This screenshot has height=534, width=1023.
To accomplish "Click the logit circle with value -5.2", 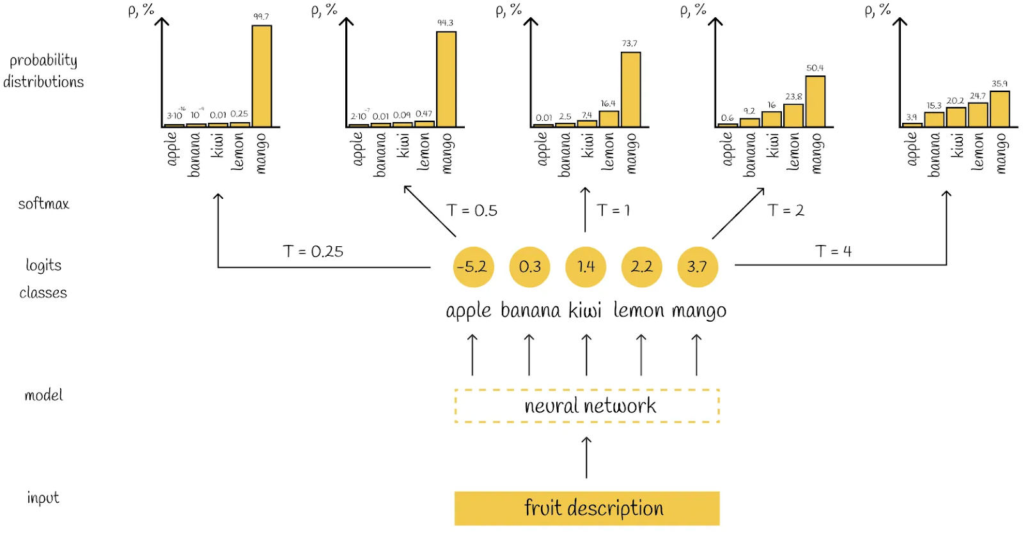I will click(x=473, y=267).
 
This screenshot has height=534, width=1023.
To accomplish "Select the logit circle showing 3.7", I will click(x=698, y=267).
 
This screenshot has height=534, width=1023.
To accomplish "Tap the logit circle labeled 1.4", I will click(x=586, y=267).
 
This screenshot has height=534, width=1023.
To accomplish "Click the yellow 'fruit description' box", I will click(x=587, y=508).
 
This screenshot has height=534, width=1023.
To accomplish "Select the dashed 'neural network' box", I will click(x=587, y=405).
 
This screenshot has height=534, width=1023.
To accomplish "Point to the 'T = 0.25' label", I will click(x=313, y=251).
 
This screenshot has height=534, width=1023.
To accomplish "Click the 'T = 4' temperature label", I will click(x=833, y=251).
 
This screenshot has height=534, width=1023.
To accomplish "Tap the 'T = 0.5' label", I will click(x=472, y=210).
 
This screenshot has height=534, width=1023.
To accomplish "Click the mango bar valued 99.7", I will click(x=262, y=76).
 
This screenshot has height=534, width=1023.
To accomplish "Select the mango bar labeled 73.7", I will click(x=630, y=90).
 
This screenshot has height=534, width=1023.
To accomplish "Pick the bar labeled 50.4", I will click(x=815, y=102).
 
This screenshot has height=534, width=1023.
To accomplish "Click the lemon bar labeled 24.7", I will click(x=978, y=114).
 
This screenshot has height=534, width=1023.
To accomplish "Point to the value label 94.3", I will click(x=445, y=23).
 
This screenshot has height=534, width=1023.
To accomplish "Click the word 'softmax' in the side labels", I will click(x=43, y=204).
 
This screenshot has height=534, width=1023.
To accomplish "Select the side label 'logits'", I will click(x=43, y=265).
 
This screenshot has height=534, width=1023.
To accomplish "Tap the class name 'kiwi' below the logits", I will click(x=585, y=311).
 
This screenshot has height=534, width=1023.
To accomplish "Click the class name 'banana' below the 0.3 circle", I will click(x=530, y=311).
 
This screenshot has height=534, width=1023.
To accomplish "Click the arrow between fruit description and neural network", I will click(x=586, y=457).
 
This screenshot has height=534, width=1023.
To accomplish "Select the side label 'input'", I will click(x=43, y=498).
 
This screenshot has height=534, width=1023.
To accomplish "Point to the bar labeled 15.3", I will click(x=934, y=120).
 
